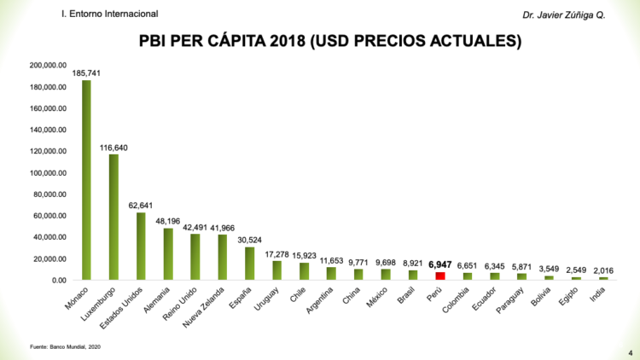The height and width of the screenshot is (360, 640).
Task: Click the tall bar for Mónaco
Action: [86, 179]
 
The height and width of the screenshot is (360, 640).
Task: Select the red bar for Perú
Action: [440, 276]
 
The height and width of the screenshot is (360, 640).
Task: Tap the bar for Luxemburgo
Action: [113, 217]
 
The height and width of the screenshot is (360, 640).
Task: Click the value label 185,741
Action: [86, 73]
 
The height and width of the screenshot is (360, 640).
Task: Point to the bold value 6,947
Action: [440, 265]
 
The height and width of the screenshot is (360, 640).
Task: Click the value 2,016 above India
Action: [603, 270]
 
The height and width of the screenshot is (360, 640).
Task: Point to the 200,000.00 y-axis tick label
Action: [49, 66]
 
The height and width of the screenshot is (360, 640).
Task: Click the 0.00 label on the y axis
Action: [58, 281]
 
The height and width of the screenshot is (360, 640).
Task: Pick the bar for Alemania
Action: [168, 253]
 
